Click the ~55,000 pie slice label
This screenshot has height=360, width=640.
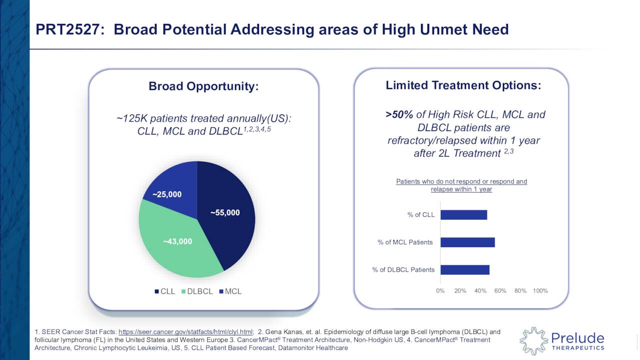pos(224,213)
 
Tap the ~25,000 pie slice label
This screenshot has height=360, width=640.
pos(167,194)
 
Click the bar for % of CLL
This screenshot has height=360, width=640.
pos(463,215)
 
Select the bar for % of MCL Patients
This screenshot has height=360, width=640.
pos(467,242)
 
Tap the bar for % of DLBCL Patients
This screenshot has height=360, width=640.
pos(464,270)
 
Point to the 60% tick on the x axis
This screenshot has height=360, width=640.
pos(500,291)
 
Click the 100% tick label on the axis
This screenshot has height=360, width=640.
pos(540,291)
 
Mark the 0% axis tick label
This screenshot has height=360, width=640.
pos(440,291)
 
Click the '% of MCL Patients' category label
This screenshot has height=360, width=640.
pos(405,242)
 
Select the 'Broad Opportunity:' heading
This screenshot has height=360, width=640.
pos(203,86)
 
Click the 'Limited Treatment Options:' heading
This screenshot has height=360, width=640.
pos(463,85)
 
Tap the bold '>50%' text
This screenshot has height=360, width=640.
pos(399,115)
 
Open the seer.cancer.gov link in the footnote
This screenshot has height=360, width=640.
pos(185,332)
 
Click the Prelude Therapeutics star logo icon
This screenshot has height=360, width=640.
pos(533,341)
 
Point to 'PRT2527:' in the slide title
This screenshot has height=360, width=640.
pos(70,30)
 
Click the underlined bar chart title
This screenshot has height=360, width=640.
pos(461,185)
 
